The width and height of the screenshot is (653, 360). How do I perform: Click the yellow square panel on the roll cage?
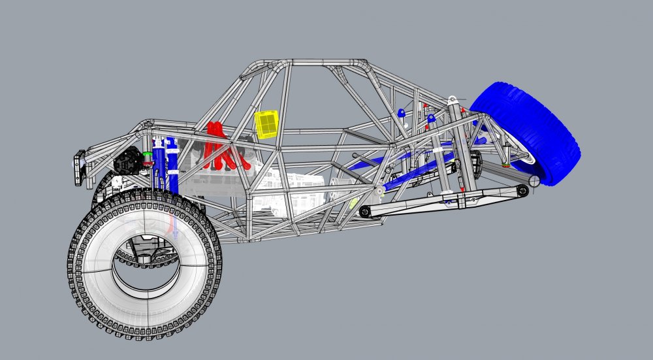tap(266, 123)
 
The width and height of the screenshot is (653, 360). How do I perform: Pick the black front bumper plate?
tap(80, 168)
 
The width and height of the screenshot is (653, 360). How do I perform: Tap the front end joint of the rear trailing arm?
tap(365, 211)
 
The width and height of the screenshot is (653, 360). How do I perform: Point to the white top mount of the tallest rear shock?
tap(452, 100)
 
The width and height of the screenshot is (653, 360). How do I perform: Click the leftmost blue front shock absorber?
tap(157, 167)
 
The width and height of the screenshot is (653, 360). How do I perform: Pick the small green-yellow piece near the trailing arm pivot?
tap(353, 203)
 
